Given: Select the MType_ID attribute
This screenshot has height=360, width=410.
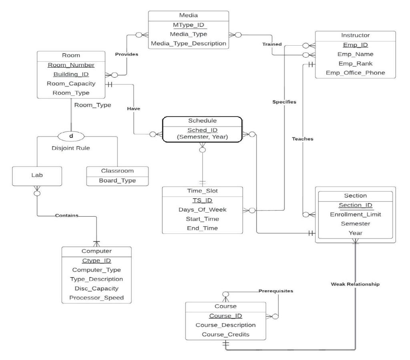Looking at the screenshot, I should (x=188, y=25).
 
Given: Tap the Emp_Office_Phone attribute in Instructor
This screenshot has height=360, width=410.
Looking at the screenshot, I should (x=356, y=73).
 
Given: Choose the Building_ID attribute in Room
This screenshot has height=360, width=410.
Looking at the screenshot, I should (x=71, y=74).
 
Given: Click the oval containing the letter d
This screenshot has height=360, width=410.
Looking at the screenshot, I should (x=71, y=136).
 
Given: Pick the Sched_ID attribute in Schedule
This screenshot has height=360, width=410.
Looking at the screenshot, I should (x=202, y=131).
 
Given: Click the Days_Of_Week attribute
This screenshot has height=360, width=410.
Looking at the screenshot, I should (x=202, y=210).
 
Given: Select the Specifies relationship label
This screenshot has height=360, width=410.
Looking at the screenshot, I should (x=284, y=102).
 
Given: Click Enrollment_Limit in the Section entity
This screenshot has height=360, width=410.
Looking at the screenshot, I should (x=356, y=215).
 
